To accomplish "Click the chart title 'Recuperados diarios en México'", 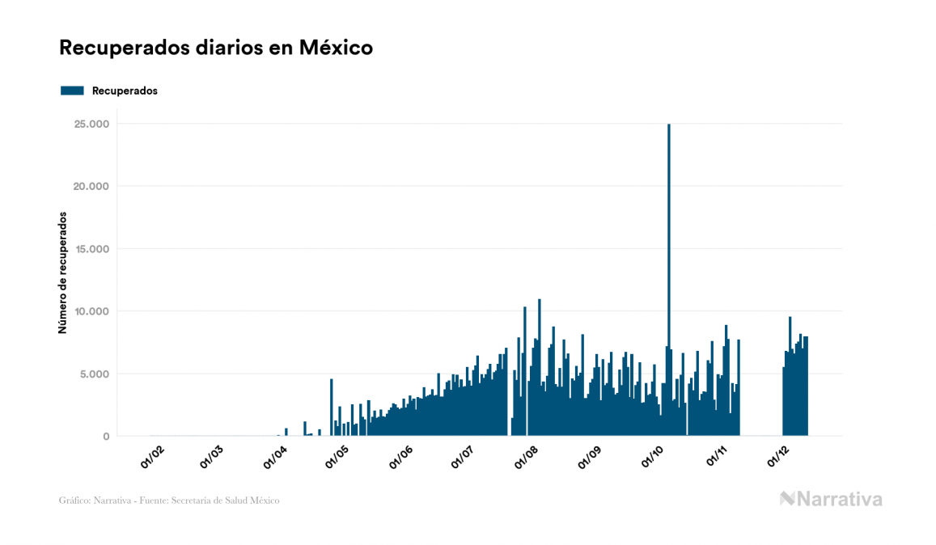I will click(x=216, y=48).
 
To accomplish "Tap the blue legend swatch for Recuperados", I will click(x=72, y=91).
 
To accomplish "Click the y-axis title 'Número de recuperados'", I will click(x=62, y=272).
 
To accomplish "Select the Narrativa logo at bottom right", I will click(x=831, y=499).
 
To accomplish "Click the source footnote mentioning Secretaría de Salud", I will click(x=169, y=501).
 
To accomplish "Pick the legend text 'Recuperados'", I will click(x=125, y=91).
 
